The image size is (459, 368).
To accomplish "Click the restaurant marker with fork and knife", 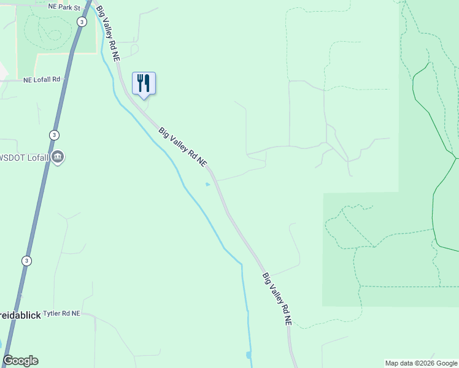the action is coord(144,83).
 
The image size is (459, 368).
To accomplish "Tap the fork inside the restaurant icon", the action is coord(140,82).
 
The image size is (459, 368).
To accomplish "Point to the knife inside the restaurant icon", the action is coord(147,82).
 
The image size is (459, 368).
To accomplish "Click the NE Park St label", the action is coord(64,7).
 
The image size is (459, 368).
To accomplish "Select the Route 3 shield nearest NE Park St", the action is coord(82,21).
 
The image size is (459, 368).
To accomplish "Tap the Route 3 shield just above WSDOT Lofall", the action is coord(55,135).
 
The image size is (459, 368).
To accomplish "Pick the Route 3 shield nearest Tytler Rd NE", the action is coord(26,260).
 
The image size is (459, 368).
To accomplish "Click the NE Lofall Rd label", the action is coord(42,80).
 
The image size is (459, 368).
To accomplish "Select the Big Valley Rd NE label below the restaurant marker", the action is coord(182,147).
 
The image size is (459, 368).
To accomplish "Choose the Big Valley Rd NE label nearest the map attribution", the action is coord(277,298).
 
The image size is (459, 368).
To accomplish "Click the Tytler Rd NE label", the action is coord(62,313).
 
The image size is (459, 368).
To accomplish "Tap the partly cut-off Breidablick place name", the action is coord(20,315).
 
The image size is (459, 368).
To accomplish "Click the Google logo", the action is coord(20,361).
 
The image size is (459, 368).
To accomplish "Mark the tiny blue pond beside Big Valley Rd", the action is coord(207,183).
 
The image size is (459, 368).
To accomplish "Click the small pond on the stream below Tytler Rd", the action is coord(248,355).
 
